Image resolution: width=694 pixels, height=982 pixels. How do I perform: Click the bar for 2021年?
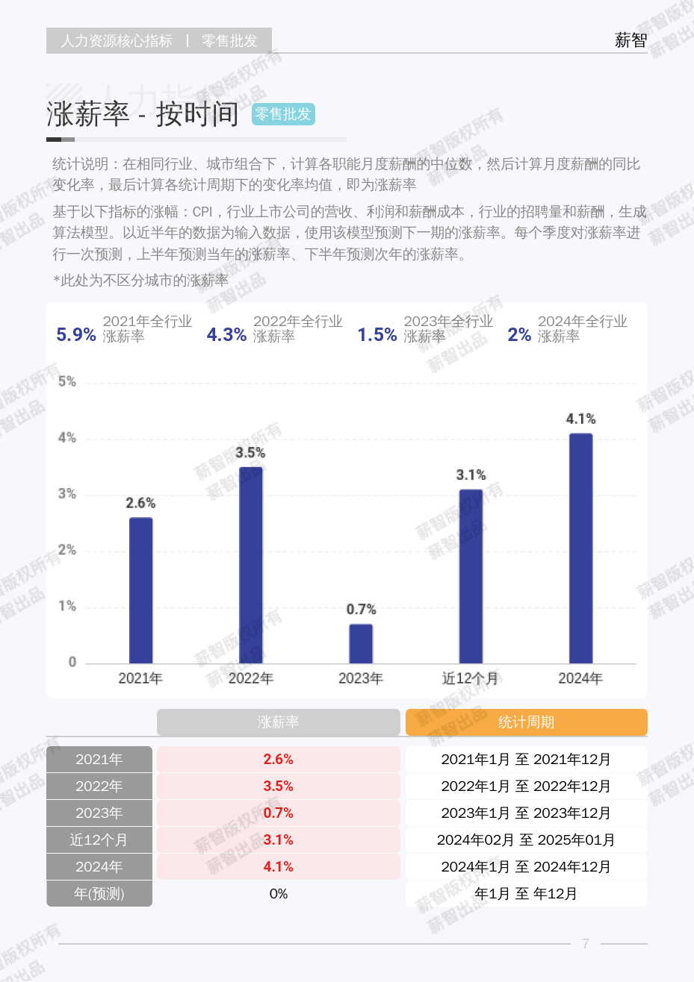[x=140, y=590]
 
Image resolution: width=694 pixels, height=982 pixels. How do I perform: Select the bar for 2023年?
[x=361, y=643]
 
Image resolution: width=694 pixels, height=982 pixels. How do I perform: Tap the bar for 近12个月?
[x=471, y=576]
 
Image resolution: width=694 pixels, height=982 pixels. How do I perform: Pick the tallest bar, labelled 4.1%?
[x=580, y=548]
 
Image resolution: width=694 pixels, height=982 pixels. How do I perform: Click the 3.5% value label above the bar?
[x=250, y=453]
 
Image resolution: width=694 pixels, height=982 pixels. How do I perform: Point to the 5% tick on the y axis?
[x=67, y=382]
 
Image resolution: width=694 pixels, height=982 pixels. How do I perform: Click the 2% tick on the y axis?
[x=67, y=551]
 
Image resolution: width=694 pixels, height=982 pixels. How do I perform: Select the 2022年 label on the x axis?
[x=250, y=678]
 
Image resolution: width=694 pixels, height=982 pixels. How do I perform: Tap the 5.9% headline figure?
[x=76, y=335]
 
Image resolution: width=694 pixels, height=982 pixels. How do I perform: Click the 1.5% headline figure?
[x=377, y=335]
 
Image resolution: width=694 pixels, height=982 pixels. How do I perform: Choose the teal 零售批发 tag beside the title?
[x=283, y=114]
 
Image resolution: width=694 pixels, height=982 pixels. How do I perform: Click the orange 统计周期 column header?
[x=526, y=722]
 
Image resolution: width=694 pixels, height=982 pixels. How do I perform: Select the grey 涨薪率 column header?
[x=278, y=722]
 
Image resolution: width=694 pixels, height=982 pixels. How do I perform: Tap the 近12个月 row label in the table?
[x=99, y=840]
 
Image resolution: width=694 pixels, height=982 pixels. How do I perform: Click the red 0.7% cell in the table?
[x=278, y=813]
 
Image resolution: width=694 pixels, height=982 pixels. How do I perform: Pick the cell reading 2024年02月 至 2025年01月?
[x=526, y=840]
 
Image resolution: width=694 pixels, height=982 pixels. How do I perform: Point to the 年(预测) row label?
[x=99, y=894]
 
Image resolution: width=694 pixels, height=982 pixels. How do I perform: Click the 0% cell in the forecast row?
[x=278, y=894]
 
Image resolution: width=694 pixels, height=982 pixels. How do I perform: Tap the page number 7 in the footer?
[x=586, y=944]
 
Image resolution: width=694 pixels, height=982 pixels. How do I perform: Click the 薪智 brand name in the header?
[x=631, y=40]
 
